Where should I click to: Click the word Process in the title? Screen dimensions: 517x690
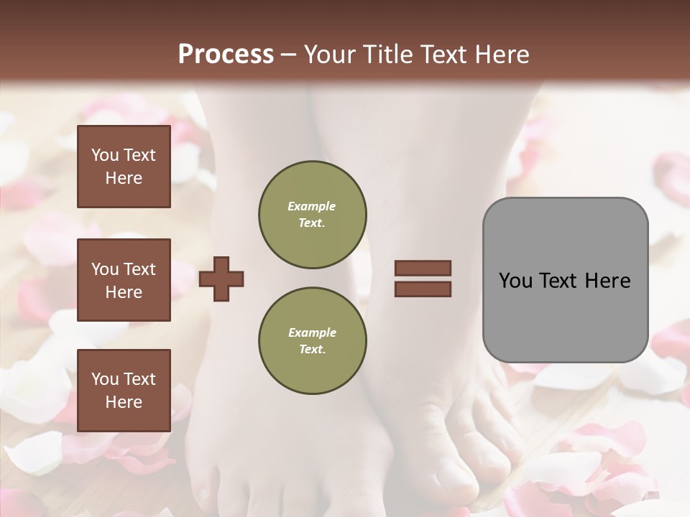[x=226, y=55]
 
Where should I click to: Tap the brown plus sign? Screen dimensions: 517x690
[x=221, y=279]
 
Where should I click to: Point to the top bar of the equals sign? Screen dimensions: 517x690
[x=423, y=269]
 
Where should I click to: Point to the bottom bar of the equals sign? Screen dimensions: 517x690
[x=423, y=289]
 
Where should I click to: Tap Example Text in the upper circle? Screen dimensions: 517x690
[x=312, y=215]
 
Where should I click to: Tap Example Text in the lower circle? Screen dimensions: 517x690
[x=312, y=341]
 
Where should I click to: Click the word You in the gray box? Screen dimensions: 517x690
[x=515, y=281]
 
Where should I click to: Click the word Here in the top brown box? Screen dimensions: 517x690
[x=124, y=178]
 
